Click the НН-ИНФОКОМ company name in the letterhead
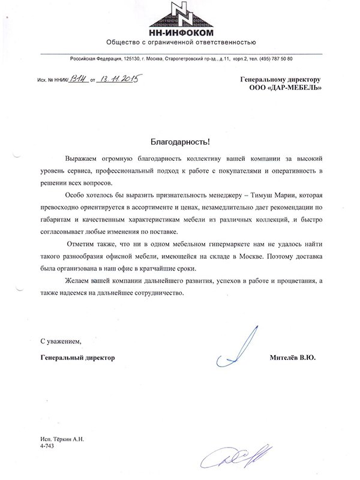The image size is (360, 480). (x=180, y=32)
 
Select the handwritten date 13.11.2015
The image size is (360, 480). (x=118, y=77)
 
